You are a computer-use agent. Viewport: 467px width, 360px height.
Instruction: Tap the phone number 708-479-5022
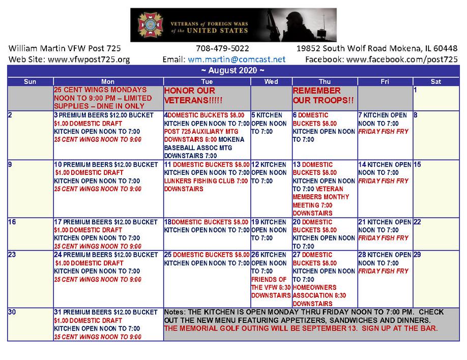(x=222, y=49)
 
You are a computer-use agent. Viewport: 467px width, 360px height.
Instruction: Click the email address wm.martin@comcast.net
(x=237, y=59)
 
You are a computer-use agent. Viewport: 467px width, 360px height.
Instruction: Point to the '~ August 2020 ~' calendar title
(x=233, y=70)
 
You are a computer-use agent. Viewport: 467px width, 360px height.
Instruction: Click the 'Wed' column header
(x=271, y=81)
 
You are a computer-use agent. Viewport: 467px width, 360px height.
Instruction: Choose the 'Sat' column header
(x=435, y=81)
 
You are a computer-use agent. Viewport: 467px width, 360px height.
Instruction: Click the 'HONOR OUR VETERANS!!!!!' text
(x=194, y=95)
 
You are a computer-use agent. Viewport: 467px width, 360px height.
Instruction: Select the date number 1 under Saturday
(x=416, y=90)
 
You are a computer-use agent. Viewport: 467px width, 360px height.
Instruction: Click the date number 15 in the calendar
(x=417, y=165)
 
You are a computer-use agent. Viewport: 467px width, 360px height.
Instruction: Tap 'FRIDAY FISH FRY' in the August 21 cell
(x=383, y=238)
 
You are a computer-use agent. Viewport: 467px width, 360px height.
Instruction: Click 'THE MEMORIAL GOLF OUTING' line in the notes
(x=301, y=328)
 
